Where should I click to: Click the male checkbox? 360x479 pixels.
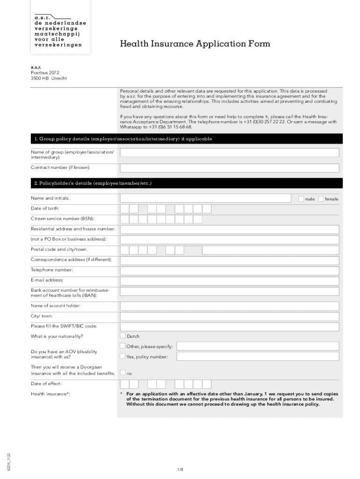click(x=301, y=199)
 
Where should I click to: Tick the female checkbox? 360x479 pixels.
click(x=321, y=199)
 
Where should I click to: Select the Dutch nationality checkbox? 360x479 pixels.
click(x=123, y=336)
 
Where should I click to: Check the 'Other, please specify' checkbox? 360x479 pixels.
click(x=122, y=346)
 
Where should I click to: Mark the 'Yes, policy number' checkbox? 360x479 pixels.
click(x=122, y=356)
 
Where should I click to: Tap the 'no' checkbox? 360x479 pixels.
click(x=123, y=373)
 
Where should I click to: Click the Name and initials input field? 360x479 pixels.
click(x=206, y=198)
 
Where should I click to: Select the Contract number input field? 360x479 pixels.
click(x=230, y=168)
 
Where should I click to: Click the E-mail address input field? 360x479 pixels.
click(x=230, y=281)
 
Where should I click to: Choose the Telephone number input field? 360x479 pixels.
click(x=230, y=270)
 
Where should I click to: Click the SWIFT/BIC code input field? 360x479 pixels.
click(x=230, y=327)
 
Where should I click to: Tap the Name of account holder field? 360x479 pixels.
click(x=230, y=306)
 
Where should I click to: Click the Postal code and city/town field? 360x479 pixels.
click(x=230, y=250)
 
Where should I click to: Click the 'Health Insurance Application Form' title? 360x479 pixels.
click(x=195, y=44)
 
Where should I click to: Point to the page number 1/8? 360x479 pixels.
click(x=180, y=469)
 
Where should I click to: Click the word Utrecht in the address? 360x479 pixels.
click(x=59, y=79)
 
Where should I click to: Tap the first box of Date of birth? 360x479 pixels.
click(x=125, y=209)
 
